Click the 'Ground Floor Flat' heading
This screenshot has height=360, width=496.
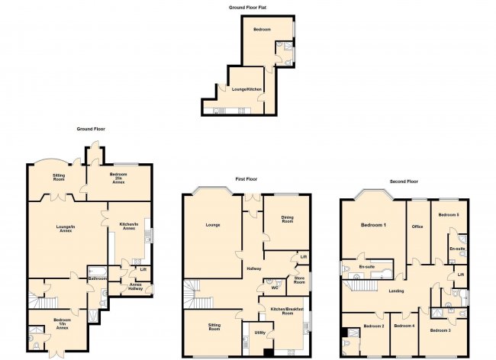[247, 7]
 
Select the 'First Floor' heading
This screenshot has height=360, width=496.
[246, 179]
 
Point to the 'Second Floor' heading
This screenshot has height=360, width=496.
[404, 182]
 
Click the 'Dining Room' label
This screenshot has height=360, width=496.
[287, 220]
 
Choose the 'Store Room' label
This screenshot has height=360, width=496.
[299, 280]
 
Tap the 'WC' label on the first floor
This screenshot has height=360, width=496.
[272, 288]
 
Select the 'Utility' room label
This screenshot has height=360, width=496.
[259, 333]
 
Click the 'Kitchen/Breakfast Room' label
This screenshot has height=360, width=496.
[287, 310]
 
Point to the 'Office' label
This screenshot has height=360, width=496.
[417, 226]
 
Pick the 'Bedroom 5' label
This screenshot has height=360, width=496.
[448, 216]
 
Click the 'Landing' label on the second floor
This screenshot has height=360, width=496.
[396, 291]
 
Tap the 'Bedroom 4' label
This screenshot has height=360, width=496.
[404, 326]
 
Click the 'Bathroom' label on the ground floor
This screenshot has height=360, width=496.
[96, 278]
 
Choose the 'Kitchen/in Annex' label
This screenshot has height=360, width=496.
[127, 226]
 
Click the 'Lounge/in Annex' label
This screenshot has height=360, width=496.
[65, 229]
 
